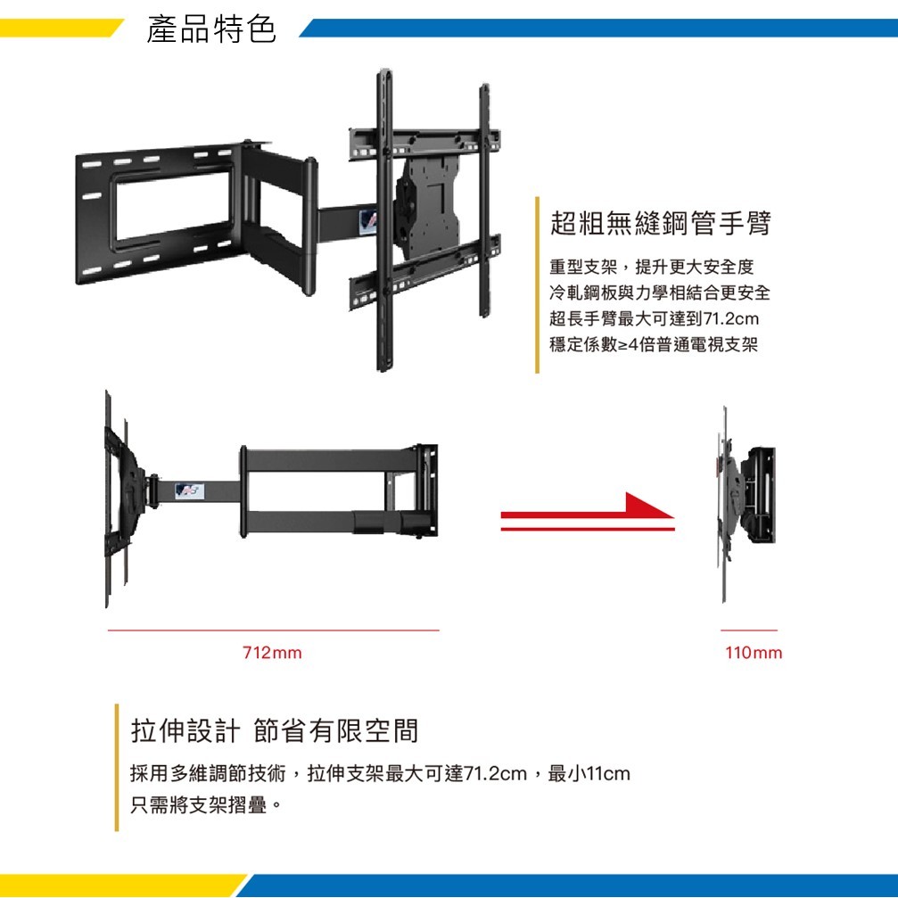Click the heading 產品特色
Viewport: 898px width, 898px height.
pyautogui.click(x=211, y=29)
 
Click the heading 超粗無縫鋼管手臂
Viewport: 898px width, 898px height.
pyautogui.click(x=660, y=223)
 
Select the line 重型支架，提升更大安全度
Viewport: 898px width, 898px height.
pyautogui.click(x=652, y=267)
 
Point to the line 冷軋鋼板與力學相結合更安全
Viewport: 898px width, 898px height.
pyautogui.click(x=660, y=292)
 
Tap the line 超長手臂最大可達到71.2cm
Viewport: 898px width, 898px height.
pyautogui.click(x=654, y=318)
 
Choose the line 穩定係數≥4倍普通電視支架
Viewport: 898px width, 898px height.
pyautogui.click(x=654, y=344)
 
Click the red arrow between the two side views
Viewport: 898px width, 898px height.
pyautogui.click(x=588, y=512)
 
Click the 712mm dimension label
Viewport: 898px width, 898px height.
pyautogui.click(x=272, y=653)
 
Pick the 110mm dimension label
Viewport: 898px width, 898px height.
pyautogui.click(x=754, y=653)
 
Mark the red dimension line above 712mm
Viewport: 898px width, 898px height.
pyautogui.click(x=274, y=630)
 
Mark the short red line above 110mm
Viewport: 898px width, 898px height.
pyautogui.click(x=749, y=630)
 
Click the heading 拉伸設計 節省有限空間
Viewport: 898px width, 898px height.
pyautogui.click(x=275, y=730)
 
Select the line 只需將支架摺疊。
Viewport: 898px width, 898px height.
pyautogui.click(x=206, y=805)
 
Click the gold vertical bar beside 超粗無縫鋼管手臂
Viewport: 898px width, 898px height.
pyautogui.click(x=537, y=284)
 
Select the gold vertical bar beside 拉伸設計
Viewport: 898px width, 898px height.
pyautogui.click(x=117, y=768)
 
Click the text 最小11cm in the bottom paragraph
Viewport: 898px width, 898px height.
pyautogui.click(x=589, y=774)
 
